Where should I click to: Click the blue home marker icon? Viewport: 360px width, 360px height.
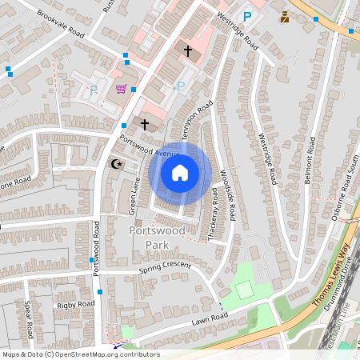[180, 173]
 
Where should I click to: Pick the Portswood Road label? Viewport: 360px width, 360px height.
[95, 249]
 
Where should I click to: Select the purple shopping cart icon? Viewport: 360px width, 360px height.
[121, 90]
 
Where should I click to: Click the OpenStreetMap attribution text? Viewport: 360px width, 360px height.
[80, 354]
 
